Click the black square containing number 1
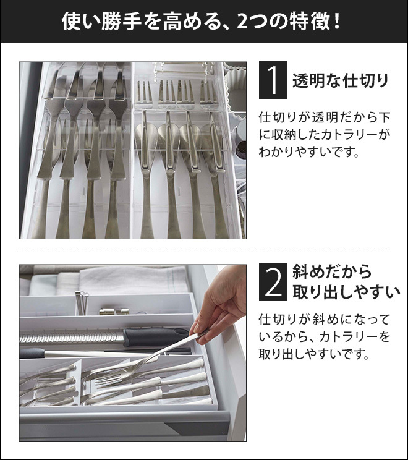click(273, 80)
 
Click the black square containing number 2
click(273, 282)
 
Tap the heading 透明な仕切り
click(341, 80)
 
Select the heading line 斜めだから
click(332, 271)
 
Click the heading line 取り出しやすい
click(346, 292)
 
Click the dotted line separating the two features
click(203, 252)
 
